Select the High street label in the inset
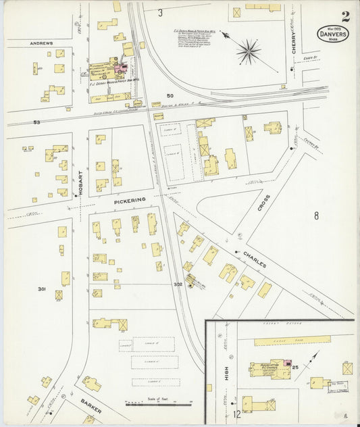tap(227, 372)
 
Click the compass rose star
tap(249, 51)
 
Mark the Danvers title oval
tap(333, 34)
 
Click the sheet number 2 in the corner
tap(345, 16)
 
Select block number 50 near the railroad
tap(170, 95)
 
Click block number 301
tap(41, 289)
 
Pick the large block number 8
tap(315, 216)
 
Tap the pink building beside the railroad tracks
tap(122, 68)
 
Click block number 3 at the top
tap(160, 13)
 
